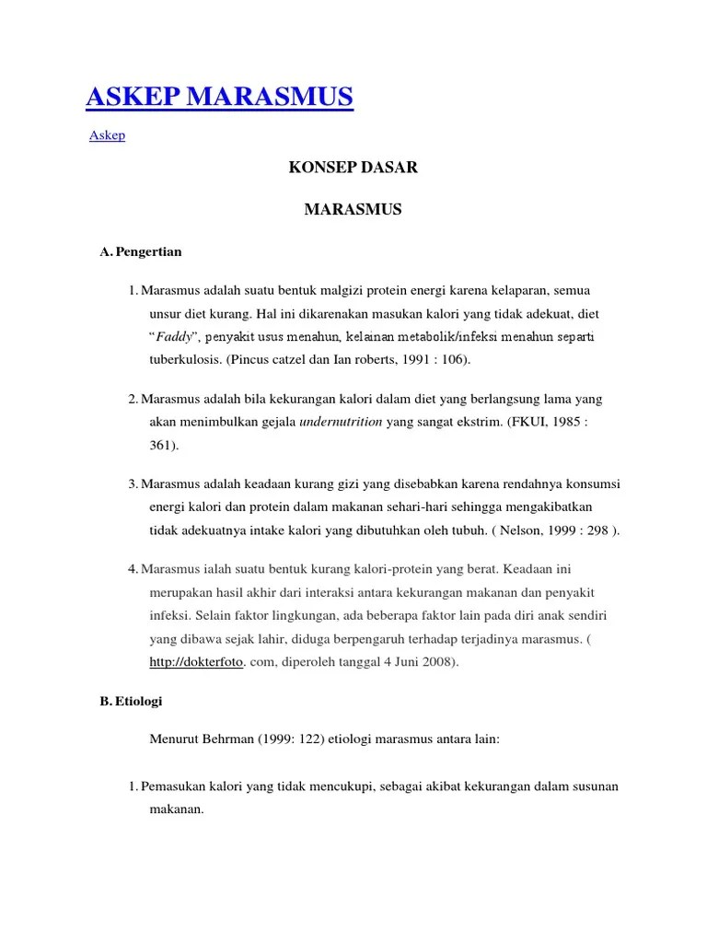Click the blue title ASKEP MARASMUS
(221, 96)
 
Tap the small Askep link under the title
(107, 135)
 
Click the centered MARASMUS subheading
(353, 210)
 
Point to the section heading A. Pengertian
(141, 251)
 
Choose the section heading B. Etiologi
(131, 701)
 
